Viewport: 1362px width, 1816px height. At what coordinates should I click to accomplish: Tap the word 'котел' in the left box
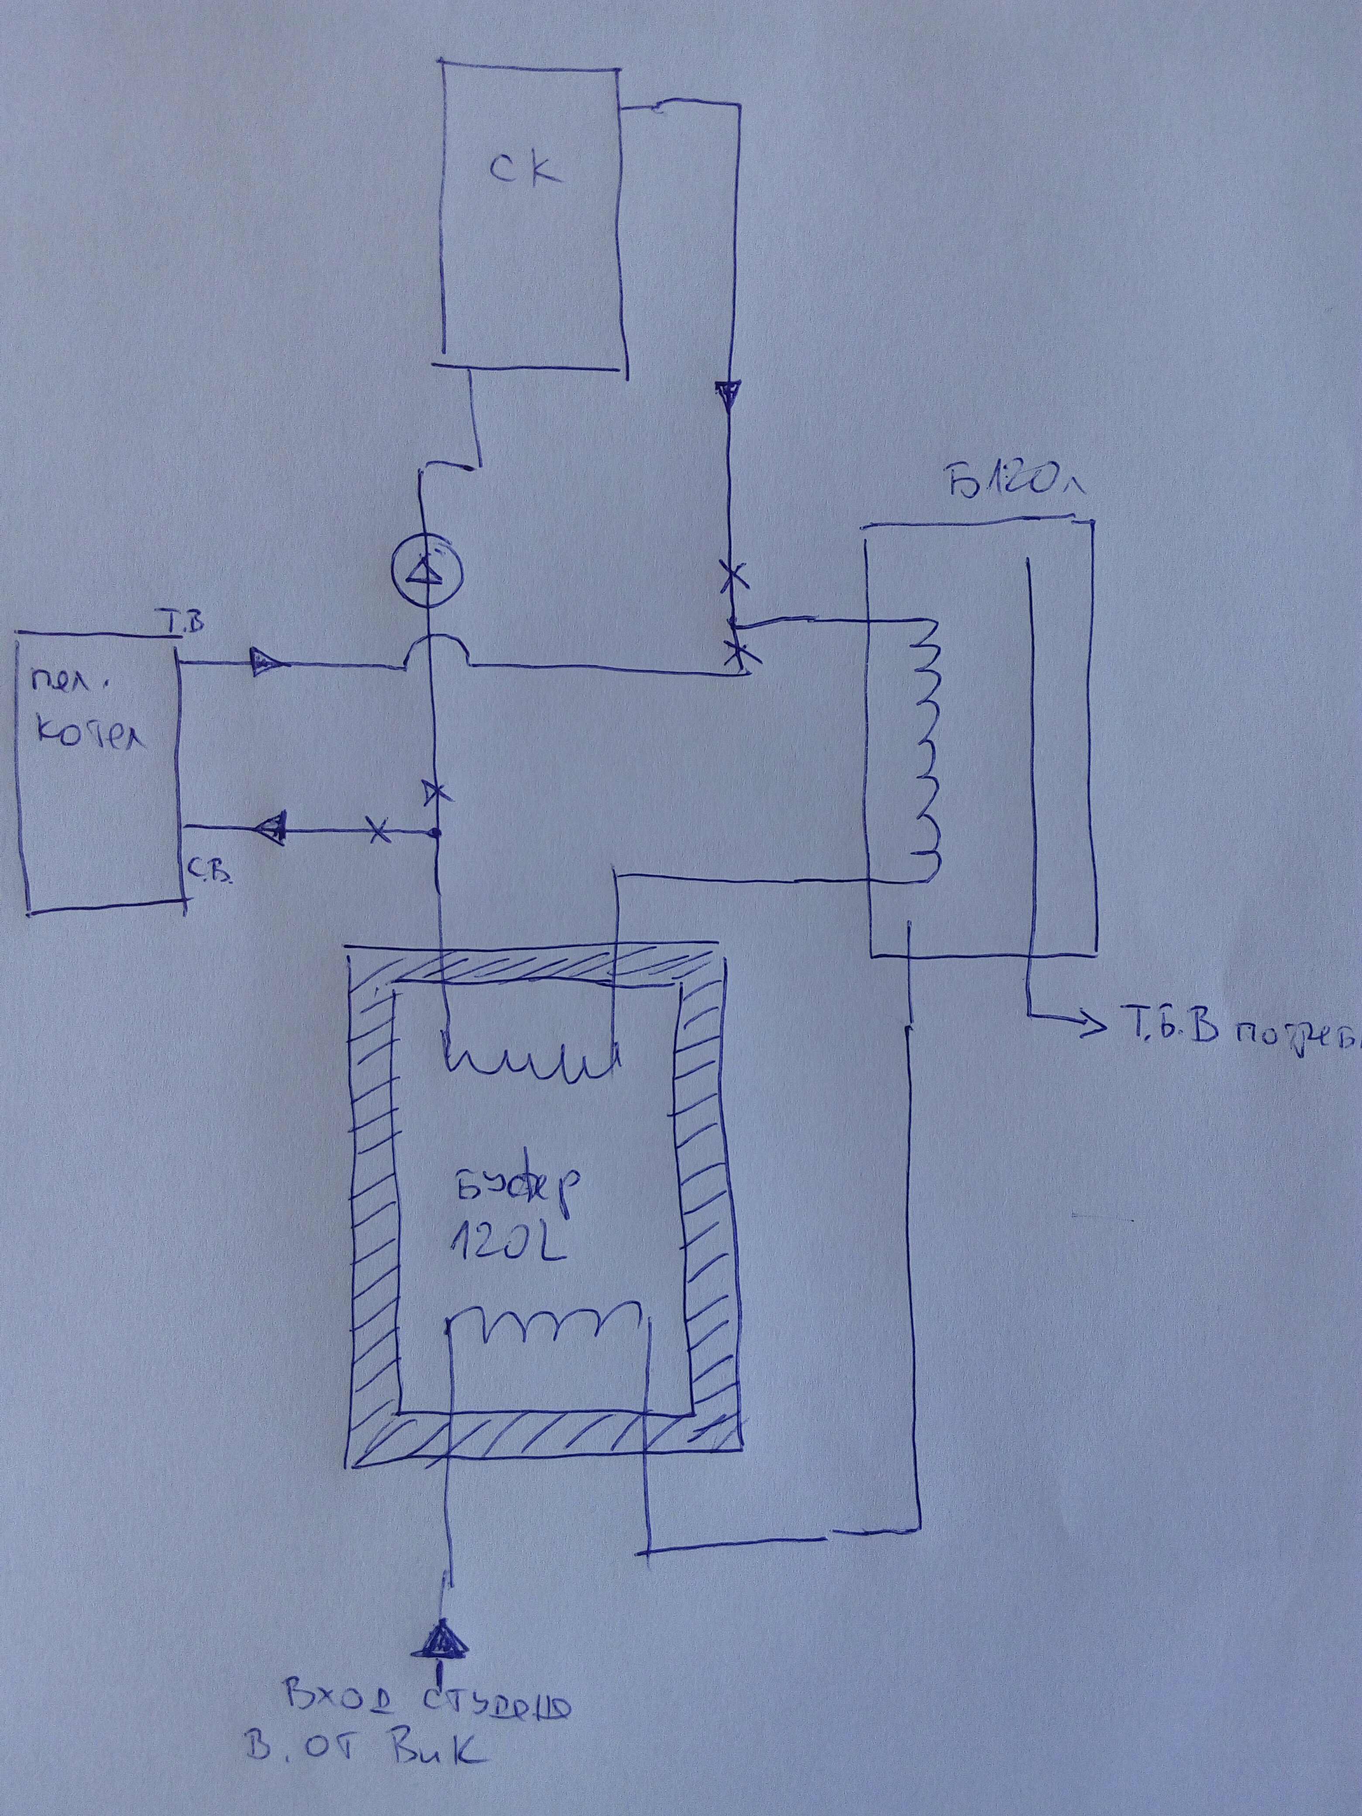(x=90, y=735)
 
